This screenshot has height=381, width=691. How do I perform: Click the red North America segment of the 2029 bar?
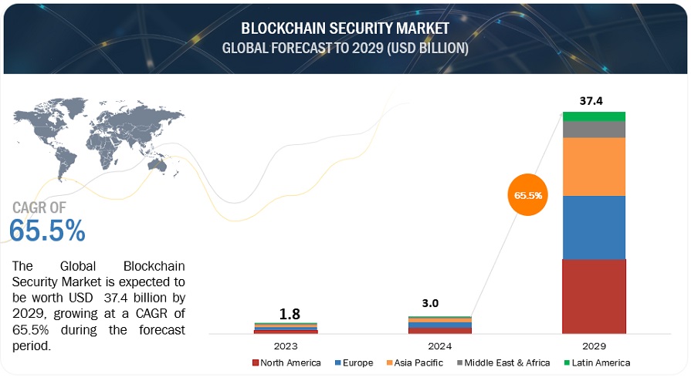tap(594, 295)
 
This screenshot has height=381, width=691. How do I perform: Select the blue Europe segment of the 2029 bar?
tap(594, 228)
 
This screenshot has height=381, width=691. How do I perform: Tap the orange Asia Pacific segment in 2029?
tap(594, 167)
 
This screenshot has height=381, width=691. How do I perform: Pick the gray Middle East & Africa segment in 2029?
tap(594, 130)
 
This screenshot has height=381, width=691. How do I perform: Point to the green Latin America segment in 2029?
tap(594, 116)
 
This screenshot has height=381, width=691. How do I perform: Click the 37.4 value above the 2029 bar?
tap(594, 99)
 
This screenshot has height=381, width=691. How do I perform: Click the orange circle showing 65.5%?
tap(530, 196)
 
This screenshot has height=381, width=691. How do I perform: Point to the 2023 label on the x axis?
tap(286, 345)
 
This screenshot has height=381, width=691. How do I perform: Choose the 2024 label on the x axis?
tap(440, 345)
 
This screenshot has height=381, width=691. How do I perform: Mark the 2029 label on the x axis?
tap(594, 345)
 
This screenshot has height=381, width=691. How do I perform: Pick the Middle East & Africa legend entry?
tap(504, 362)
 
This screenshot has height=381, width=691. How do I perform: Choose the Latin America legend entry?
tap(595, 362)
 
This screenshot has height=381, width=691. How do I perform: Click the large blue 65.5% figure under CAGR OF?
tap(47, 230)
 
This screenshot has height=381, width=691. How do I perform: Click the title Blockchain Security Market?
tap(345, 29)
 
